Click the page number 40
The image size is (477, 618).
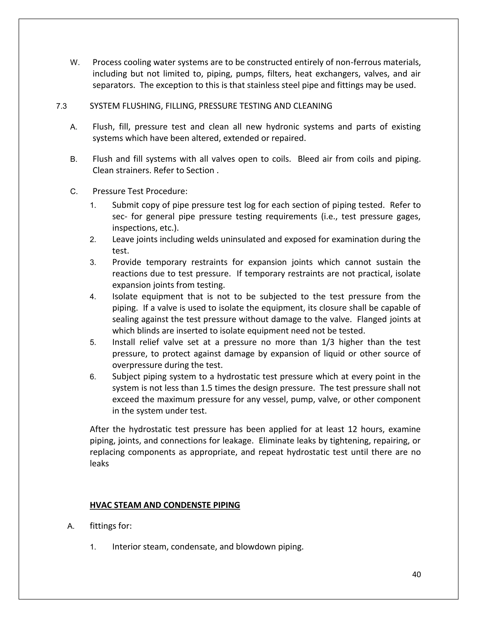click(416, 574)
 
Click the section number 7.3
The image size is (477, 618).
click(61, 106)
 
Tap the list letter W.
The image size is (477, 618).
click(75, 62)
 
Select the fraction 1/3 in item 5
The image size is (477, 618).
click(327, 342)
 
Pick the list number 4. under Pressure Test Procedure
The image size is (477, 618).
click(93, 297)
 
